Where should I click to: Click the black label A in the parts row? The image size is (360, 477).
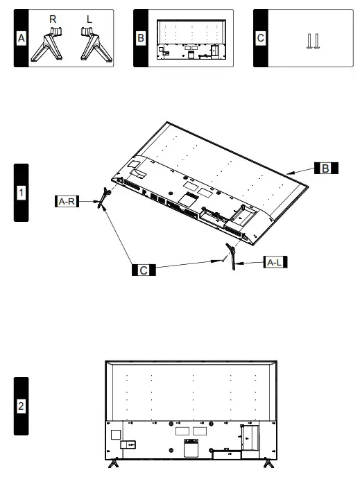22,38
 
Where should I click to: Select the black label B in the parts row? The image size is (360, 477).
141,38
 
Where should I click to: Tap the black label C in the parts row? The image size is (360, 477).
261,38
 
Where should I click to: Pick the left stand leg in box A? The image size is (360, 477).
90,44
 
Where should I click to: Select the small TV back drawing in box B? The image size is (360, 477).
190,39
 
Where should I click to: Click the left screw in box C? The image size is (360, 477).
309,41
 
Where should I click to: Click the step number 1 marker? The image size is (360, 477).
22,192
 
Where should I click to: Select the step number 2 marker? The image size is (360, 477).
22,406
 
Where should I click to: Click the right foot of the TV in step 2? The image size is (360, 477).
268,465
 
